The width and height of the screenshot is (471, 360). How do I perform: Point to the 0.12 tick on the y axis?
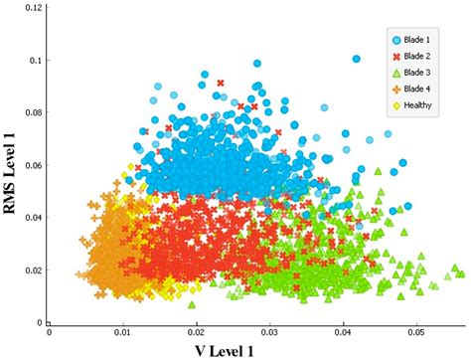(x=34, y=7)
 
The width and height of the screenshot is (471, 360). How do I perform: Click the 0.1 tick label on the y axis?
(x=37, y=60)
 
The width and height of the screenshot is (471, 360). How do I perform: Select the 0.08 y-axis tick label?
(x=34, y=112)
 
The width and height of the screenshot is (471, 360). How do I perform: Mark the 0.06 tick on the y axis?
(x=34, y=165)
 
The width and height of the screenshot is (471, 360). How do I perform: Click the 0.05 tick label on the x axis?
(x=416, y=333)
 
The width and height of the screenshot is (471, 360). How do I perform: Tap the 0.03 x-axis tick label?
(x=269, y=333)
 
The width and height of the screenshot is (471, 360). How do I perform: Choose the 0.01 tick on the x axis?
(x=122, y=333)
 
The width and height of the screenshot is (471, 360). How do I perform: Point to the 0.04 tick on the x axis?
(x=343, y=333)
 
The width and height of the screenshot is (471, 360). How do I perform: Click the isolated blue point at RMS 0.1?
(x=357, y=59)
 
